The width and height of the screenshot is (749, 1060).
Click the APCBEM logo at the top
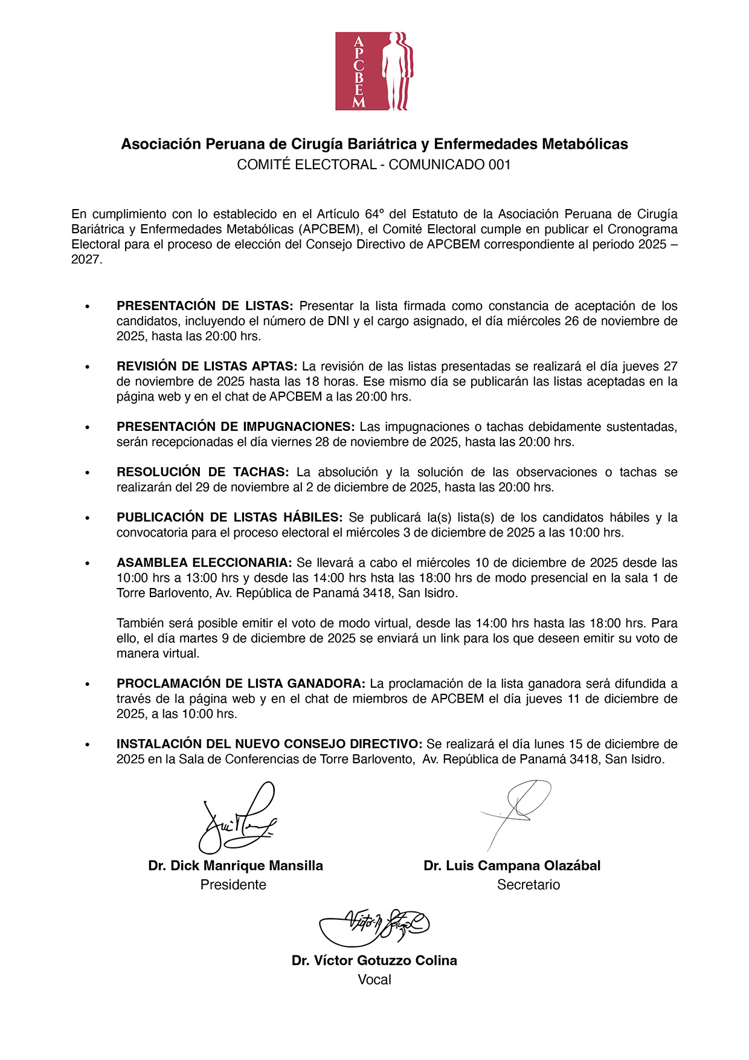374,71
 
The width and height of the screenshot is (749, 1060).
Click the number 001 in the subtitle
499,164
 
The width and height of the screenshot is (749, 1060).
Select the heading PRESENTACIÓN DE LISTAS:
205,306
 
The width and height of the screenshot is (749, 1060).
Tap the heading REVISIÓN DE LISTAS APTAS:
207,366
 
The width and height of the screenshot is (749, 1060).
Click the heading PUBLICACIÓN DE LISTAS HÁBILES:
230,517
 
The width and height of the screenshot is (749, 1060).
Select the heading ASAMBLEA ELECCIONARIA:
204,563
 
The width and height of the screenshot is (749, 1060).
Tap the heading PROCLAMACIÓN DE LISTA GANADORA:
241,684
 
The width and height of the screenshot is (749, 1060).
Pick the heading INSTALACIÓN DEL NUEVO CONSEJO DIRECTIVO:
269,744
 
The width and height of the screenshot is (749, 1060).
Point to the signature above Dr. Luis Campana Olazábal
516,813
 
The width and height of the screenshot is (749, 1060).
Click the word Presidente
233,885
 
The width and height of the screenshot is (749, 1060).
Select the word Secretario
529,885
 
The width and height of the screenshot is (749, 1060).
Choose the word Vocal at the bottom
374,980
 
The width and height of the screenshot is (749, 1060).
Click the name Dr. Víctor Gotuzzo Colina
374,960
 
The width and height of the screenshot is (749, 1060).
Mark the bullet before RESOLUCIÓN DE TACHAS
88,473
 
